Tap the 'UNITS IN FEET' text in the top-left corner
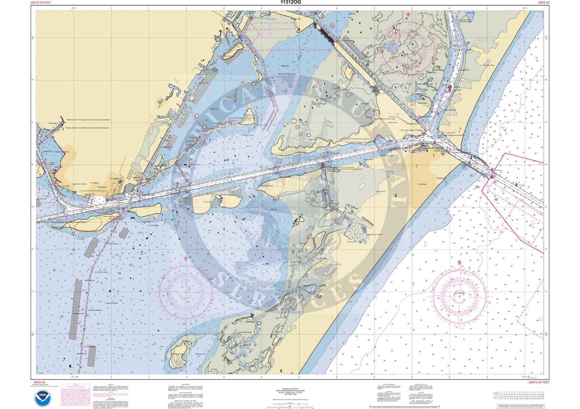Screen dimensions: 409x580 (41, 3)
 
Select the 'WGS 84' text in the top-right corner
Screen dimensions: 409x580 (544, 3)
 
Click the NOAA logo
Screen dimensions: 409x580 (43, 399)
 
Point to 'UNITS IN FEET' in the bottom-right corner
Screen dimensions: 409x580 (539, 382)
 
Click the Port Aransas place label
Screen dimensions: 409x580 (422, 184)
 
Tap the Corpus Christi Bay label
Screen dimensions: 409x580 (112, 303)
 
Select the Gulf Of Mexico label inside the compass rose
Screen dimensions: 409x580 (460, 293)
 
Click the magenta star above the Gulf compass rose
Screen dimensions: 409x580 (459, 263)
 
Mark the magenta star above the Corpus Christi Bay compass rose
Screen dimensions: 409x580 (185, 259)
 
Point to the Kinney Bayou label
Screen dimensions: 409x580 (53, 123)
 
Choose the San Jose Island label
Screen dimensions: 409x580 (489, 65)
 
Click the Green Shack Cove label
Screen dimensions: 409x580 (245, 332)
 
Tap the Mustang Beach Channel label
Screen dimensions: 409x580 (375, 234)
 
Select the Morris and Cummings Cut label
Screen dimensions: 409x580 (287, 74)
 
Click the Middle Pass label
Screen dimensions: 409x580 (470, 13)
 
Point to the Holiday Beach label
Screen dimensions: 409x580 (441, 178)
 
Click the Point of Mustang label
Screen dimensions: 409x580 (267, 186)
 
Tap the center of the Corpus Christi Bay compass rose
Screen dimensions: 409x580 (185, 292)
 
